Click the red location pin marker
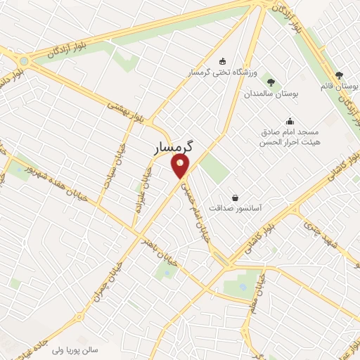(x=181, y=167)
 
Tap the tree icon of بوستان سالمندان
(x=271, y=82)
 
